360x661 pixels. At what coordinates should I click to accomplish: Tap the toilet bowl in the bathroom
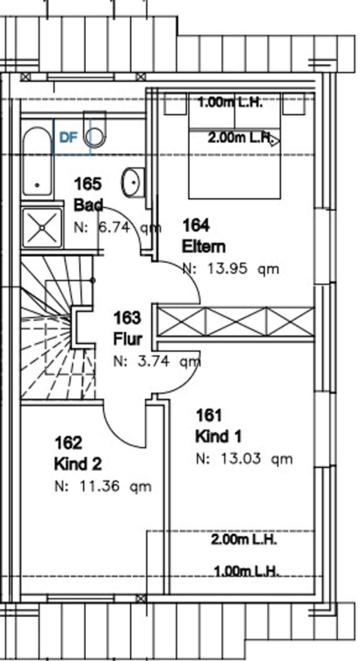(x=95, y=130)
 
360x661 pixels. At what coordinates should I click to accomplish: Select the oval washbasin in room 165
(x=133, y=182)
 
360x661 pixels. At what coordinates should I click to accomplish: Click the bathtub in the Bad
(x=37, y=162)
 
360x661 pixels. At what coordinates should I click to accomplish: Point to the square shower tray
(x=42, y=228)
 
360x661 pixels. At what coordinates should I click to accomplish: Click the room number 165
(x=87, y=184)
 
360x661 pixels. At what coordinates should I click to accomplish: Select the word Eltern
(x=204, y=247)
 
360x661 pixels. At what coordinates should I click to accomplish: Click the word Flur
(x=127, y=339)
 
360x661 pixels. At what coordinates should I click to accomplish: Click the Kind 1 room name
(x=218, y=436)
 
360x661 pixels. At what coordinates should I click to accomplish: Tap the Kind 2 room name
(x=78, y=465)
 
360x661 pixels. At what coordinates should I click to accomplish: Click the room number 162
(x=68, y=444)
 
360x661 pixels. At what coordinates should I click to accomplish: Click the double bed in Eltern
(x=234, y=146)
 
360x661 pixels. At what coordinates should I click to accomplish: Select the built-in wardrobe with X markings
(x=236, y=322)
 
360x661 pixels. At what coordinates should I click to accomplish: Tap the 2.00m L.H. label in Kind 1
(x=244, y=539)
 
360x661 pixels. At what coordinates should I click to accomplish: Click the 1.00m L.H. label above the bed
(x=230, y=102)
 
